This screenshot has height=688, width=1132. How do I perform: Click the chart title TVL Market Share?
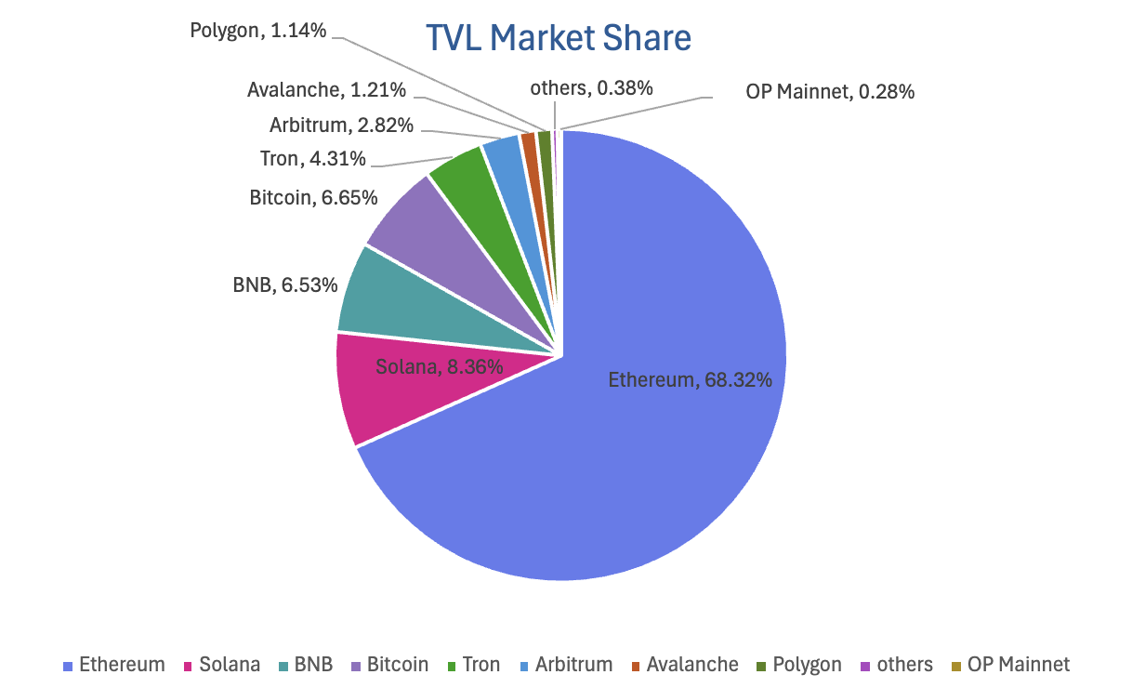[558, 38]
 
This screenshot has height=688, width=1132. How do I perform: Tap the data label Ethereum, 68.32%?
[691, 379]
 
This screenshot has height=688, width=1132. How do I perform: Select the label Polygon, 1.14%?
[257, 31]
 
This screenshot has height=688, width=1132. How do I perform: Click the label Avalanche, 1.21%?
[326, 90]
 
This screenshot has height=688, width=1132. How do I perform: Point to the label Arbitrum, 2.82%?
[341, 125]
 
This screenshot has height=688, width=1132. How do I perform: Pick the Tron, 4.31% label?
[312, 159]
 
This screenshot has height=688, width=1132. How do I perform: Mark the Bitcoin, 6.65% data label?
[313, 197]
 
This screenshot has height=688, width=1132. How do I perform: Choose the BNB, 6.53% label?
[284, 284]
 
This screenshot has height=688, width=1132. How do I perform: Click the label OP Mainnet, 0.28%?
[830, 92]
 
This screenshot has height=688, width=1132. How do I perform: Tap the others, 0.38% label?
[591, 88]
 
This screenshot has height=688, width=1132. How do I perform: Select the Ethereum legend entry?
[113, 665]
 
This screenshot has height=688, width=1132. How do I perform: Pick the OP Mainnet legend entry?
[1009, 665]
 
